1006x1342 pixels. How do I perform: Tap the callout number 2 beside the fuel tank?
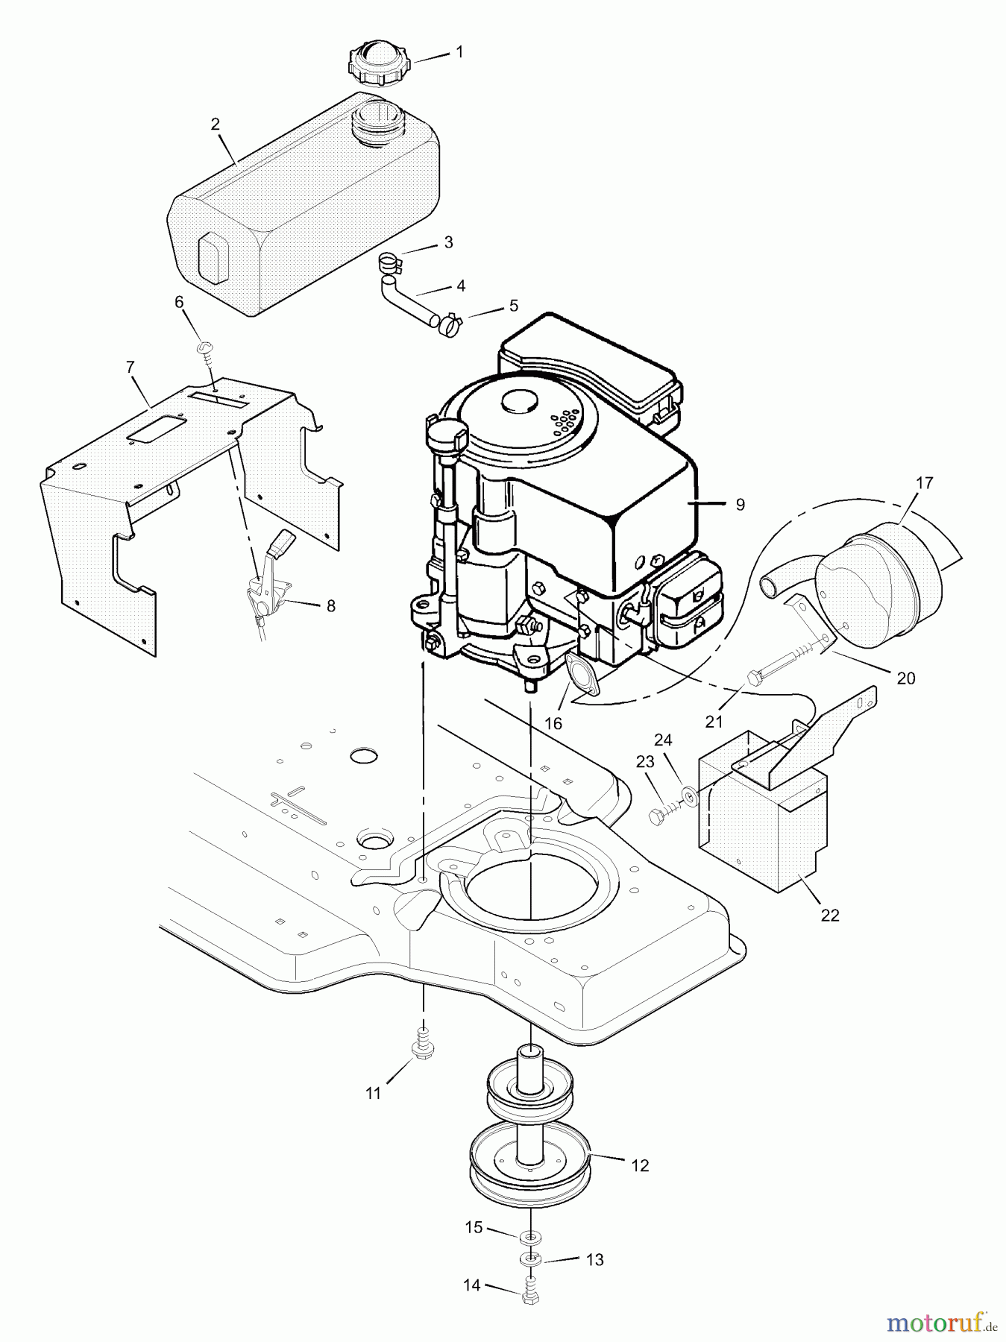tap(216, 125)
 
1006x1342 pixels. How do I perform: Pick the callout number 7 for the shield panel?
tap(131, 367)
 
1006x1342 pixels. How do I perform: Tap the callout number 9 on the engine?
tap(740, 505)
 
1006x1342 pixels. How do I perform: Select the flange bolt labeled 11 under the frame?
tap(421, 1048)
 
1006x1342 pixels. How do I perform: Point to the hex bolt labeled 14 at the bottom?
tap(529, 1297)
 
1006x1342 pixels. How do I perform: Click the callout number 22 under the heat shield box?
tap(830, 916)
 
